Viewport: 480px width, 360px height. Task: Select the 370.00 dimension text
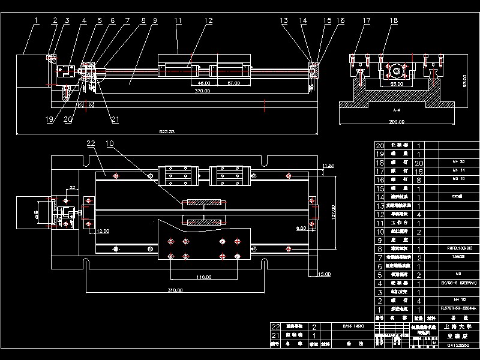tap(202, 91)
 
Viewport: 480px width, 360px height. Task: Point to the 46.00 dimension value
tap(204, 83)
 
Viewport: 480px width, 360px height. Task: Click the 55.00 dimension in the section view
tap(396, 85)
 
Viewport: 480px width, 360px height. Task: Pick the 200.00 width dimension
tap(396, 122)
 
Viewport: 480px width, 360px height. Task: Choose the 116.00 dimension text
tap(204, 277)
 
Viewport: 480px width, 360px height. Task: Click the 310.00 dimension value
tap(175, 290)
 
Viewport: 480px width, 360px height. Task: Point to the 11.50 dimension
tap(328, 165)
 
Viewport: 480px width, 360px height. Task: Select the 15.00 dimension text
tap(325, 274)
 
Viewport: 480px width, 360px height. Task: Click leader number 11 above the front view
tap(178, 20)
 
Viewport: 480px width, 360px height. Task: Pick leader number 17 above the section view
tap(367, 20)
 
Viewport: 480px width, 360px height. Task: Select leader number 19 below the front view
tap(49, 119)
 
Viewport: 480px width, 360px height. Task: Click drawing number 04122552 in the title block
tap(459, 345)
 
